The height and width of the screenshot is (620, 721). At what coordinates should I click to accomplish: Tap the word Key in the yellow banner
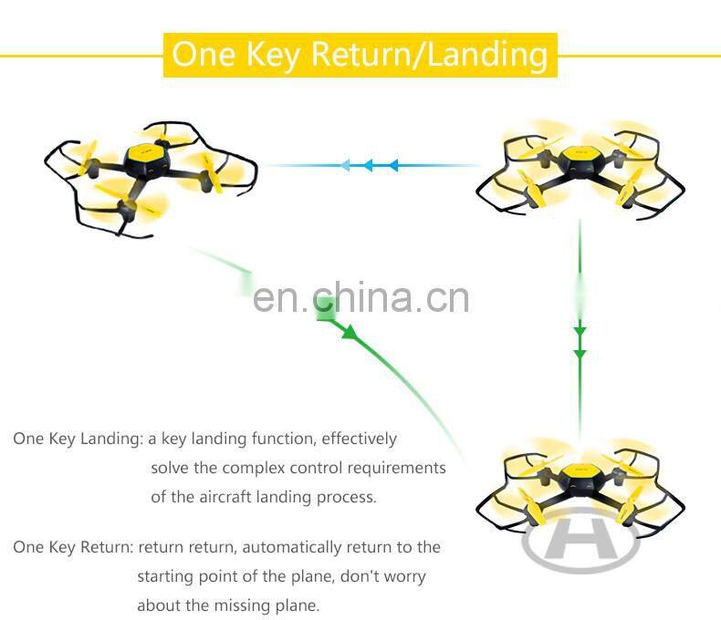tap(271, 55)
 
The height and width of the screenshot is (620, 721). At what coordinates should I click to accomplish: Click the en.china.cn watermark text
tap(360, 297)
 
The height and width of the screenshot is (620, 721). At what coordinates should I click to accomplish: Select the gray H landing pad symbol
tap(580, 542)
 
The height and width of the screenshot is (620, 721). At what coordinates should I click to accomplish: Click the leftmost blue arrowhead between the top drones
tap(345, 166)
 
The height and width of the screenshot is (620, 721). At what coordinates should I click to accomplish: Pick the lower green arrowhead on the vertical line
tap(580, 353)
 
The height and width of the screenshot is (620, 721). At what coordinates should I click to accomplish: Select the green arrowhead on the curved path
tap(350, 333)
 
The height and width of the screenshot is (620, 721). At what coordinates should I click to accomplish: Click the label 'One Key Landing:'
tap(78, 439)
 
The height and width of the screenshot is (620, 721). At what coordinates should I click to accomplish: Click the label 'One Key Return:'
tap(73, 547)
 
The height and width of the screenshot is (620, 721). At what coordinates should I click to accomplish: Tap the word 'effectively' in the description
tap(360, 439)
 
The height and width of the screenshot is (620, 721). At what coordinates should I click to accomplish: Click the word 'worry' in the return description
tap(402, 576)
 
